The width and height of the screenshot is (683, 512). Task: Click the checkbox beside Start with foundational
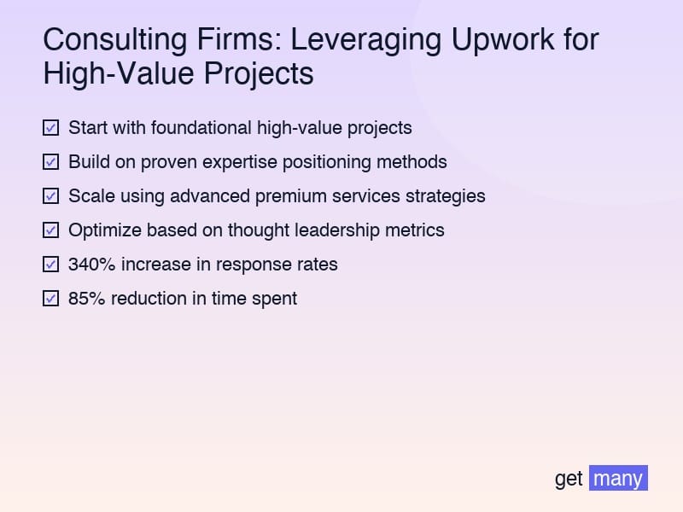tap(50, 128)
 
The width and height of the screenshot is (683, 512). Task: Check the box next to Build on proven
tap(50, 162)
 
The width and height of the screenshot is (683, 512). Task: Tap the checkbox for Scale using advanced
tap(50, 196)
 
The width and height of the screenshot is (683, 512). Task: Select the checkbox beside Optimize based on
tap(50, 230)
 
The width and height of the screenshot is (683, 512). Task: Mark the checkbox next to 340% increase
tap(50, 265)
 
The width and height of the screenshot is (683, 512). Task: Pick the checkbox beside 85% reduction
tap(50, 299)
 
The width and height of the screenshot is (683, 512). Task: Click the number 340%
tap(91, 265)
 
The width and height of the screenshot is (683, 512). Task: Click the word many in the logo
tap(618, 479)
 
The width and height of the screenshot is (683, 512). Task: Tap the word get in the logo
tap(569, 479)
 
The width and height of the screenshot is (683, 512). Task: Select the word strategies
tap(445, 196)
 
